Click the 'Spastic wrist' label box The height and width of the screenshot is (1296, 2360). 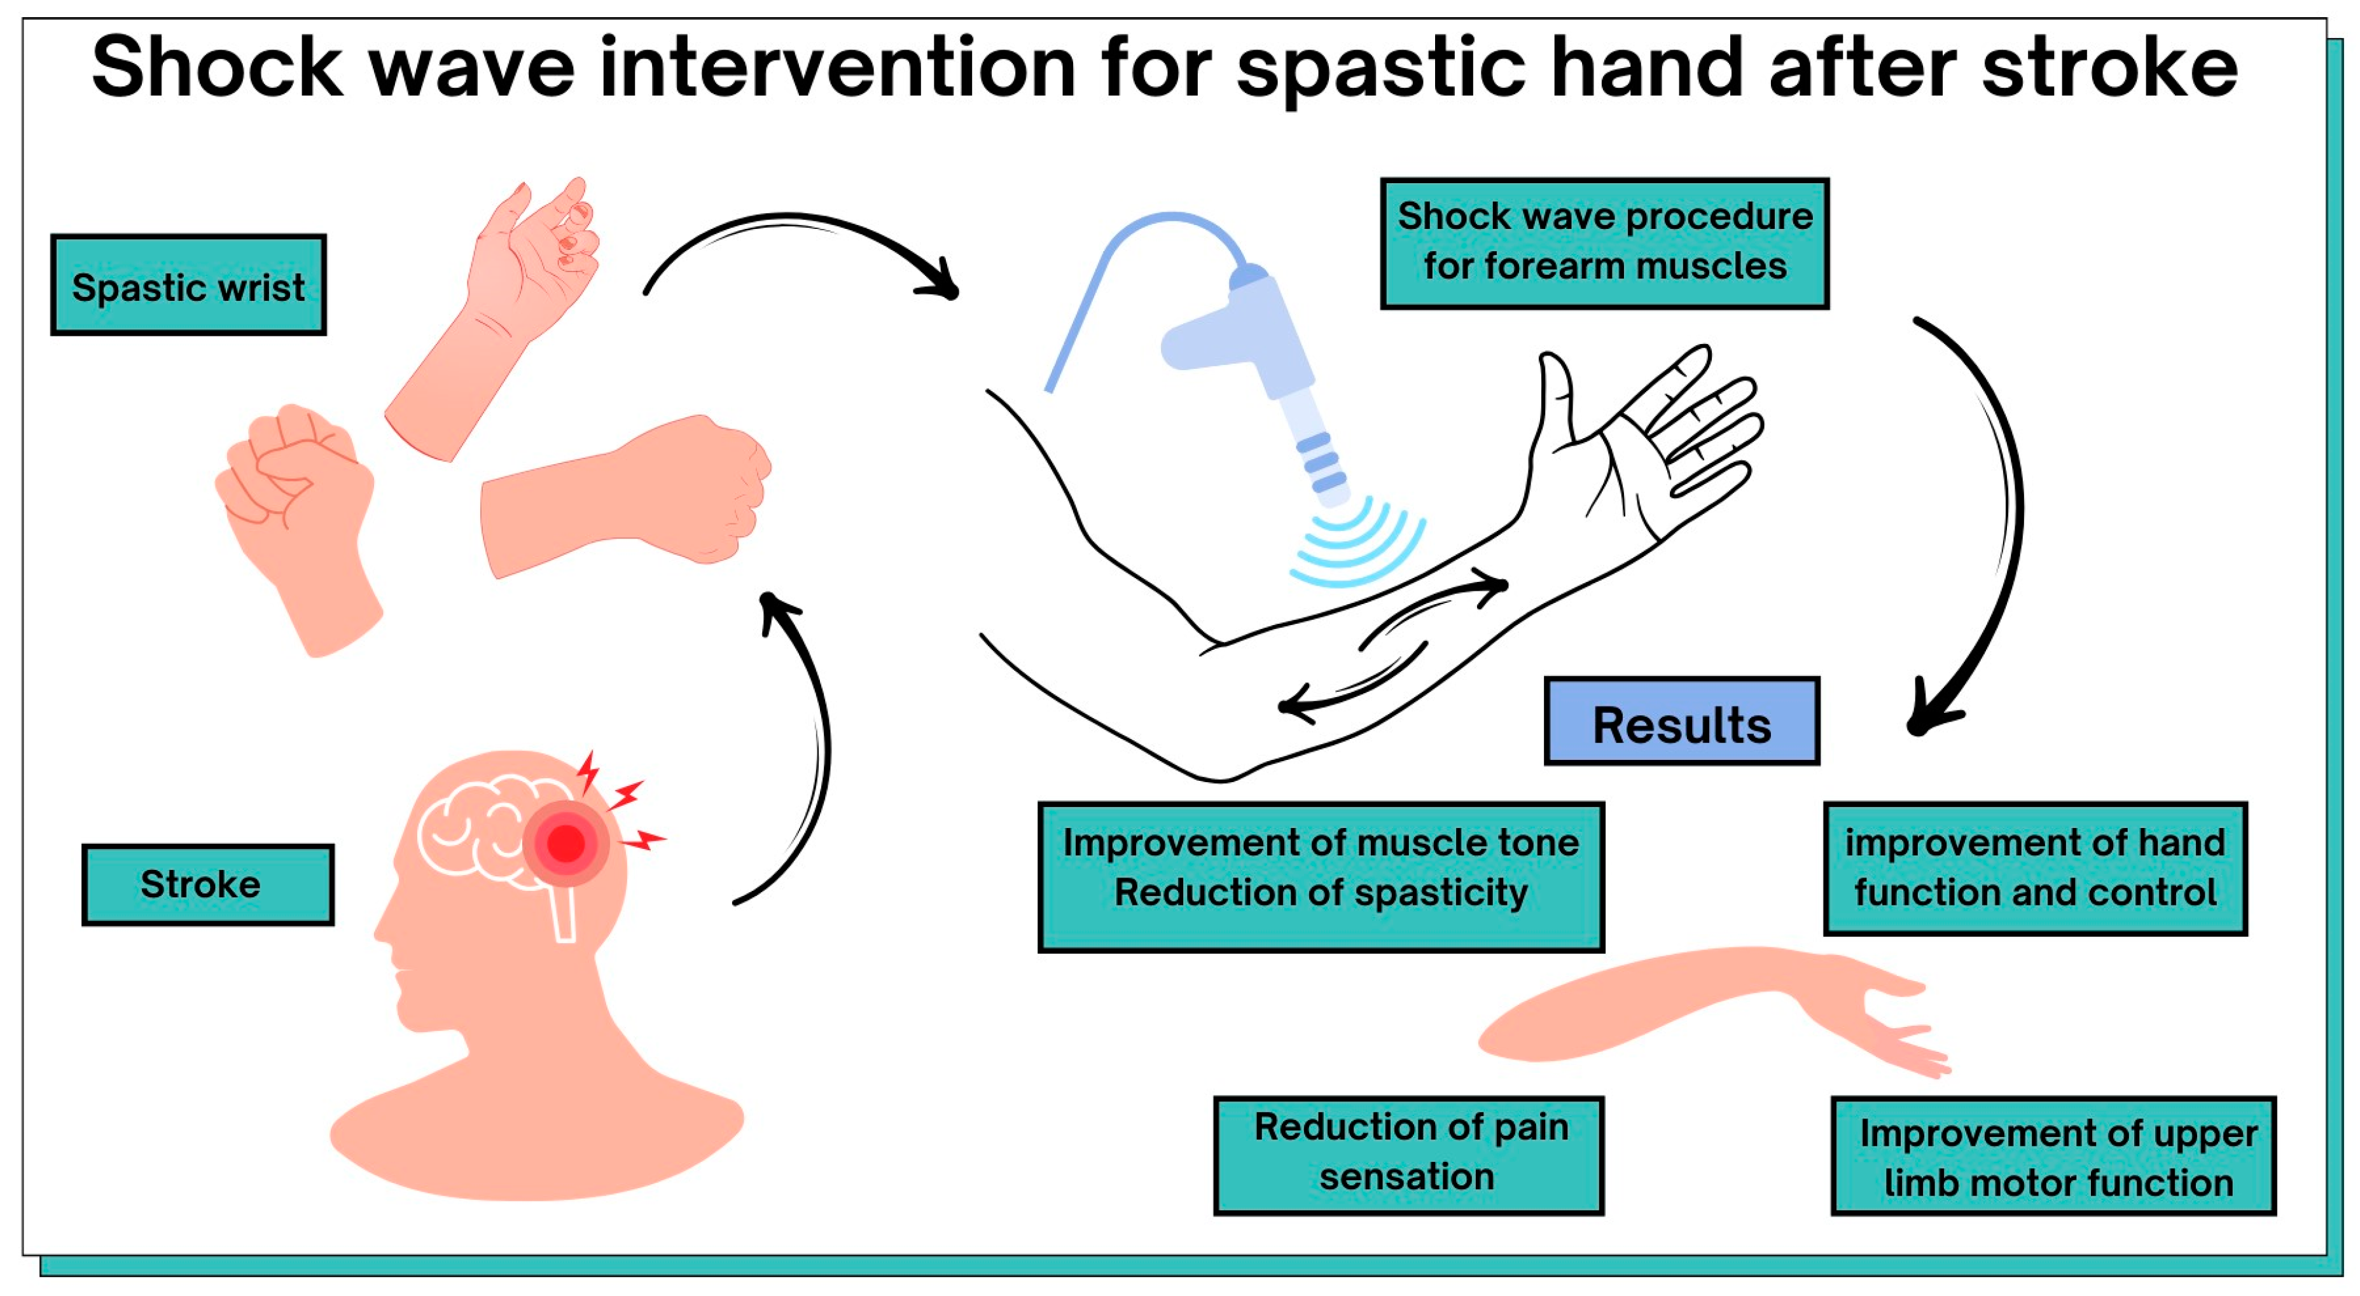(x=188, y=286)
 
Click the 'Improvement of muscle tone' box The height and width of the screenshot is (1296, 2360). (x=1320, y=876)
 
